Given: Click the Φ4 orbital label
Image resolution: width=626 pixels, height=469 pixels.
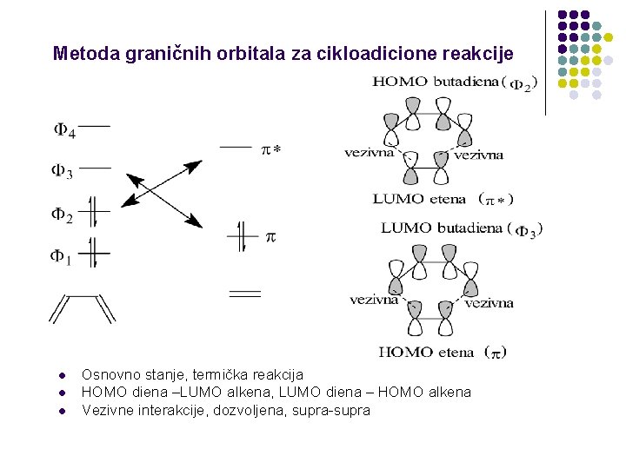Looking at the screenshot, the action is [64, 132].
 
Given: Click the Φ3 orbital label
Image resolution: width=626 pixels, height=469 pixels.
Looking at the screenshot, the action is [63, 171].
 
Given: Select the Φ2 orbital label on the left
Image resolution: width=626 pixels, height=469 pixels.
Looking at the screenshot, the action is [62, 215].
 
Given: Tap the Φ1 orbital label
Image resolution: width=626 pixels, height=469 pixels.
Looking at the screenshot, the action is [62, 258].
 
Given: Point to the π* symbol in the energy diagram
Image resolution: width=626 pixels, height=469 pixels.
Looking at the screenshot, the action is [271, 150].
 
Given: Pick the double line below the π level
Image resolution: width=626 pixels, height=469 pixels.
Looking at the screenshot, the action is [244, 294].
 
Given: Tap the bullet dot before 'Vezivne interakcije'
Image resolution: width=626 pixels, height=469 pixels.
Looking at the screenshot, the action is [63, 411].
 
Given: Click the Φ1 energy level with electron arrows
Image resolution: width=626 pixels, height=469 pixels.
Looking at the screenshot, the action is [96, 253].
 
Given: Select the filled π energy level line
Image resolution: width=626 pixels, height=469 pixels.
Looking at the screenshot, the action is [243, 234].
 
